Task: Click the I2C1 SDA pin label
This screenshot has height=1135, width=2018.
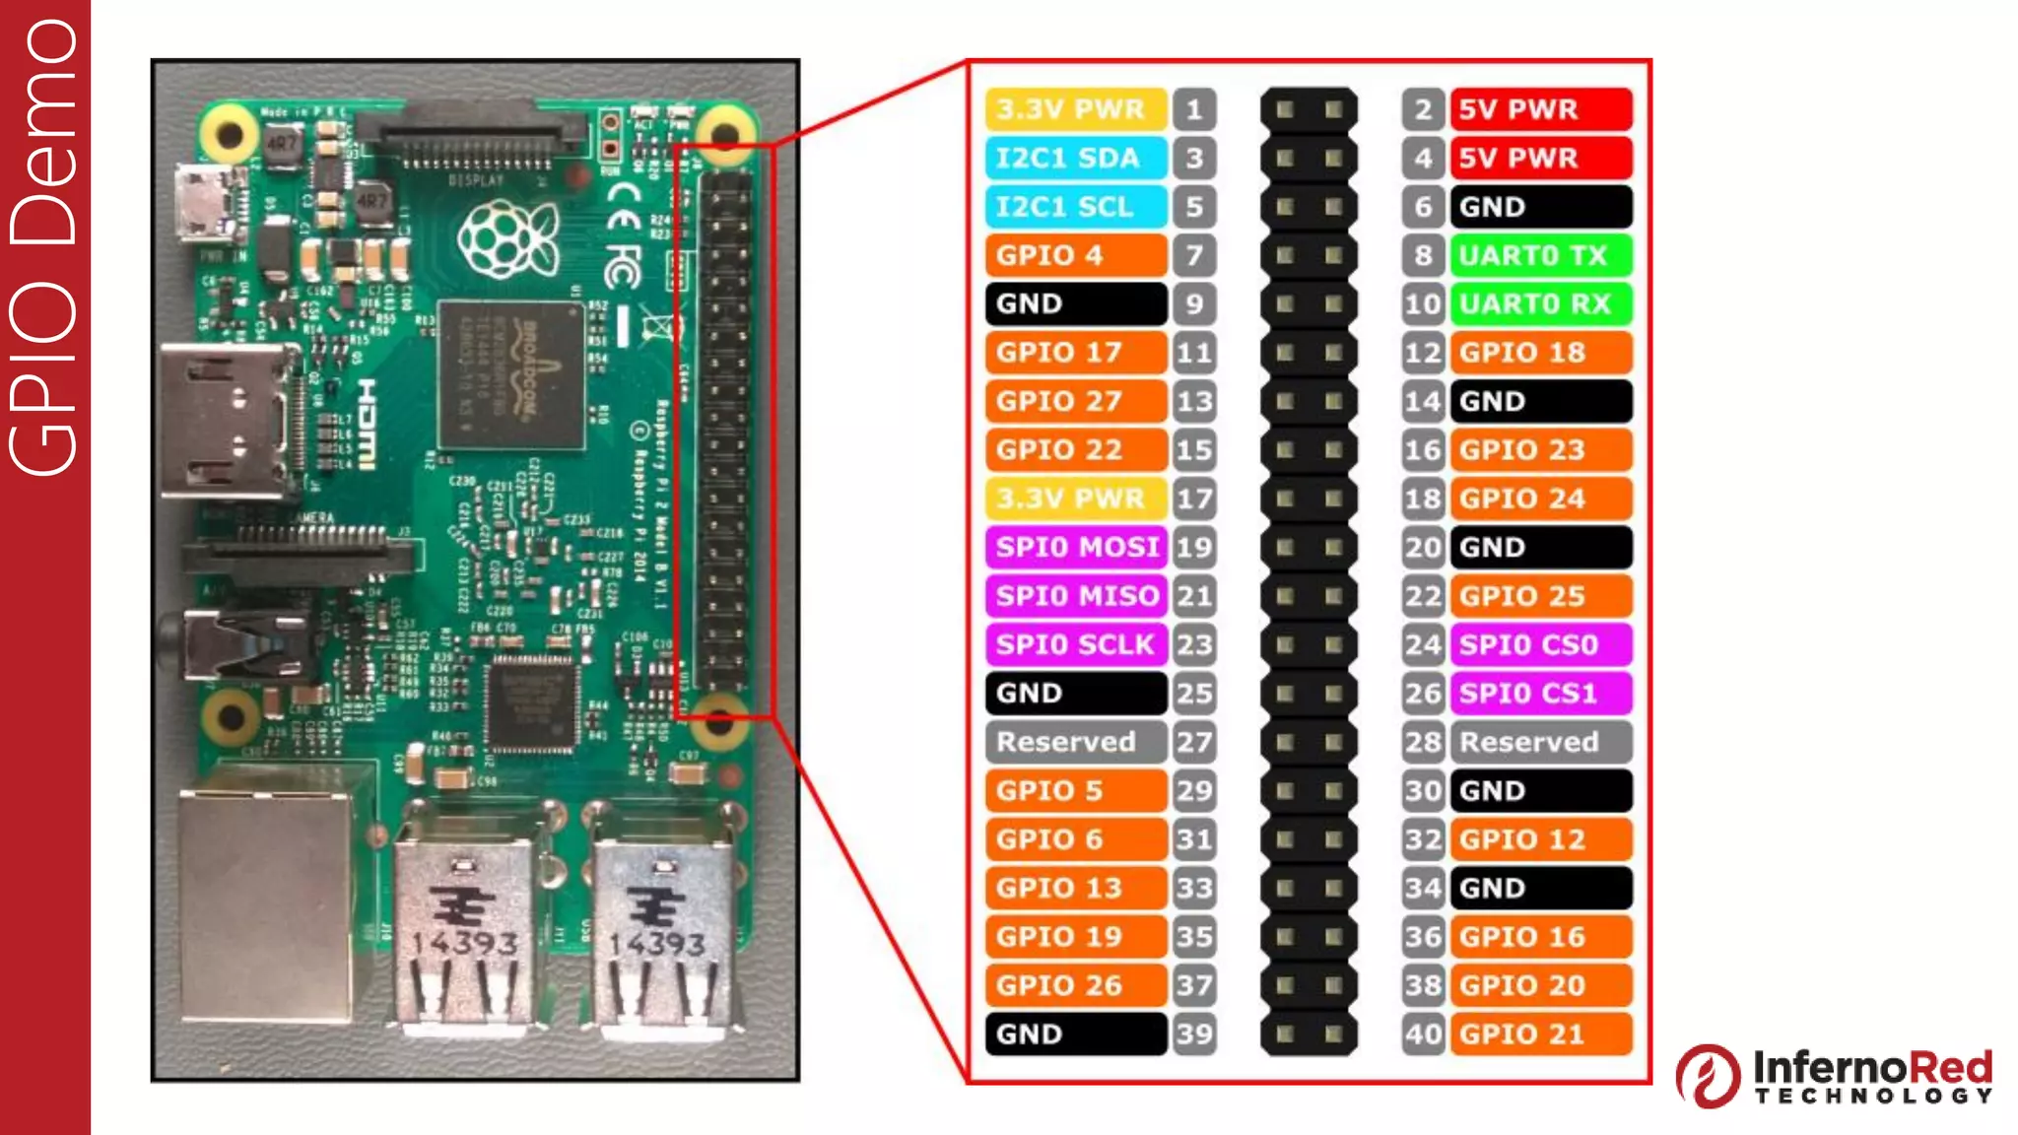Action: click(1075, 158)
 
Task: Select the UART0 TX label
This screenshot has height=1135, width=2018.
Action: click(1540, 255)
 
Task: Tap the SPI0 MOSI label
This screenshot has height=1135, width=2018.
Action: click(1075, 547)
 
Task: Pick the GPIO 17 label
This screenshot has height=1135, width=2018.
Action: click(1075, 353)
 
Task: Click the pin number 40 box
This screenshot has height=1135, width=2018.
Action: click(1423, 1035)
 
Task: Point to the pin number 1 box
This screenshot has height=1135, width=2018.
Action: click(1194, 109)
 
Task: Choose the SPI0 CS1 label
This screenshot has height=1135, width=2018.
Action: click(1540, 694)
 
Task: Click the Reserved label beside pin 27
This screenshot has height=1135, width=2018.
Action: click(1075, 742)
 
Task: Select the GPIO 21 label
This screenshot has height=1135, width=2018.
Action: click(1540, 1035)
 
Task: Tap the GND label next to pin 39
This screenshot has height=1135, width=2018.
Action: click(1075, 1035)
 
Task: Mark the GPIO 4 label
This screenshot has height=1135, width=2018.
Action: click(1075, 255)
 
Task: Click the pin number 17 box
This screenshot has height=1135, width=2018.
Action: click(1194, 499)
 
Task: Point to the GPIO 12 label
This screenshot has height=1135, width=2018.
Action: click(1540, 839)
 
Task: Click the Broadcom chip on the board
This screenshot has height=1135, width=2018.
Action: click(511, 374)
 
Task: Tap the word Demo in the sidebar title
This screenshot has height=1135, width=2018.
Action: click(43, 132)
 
